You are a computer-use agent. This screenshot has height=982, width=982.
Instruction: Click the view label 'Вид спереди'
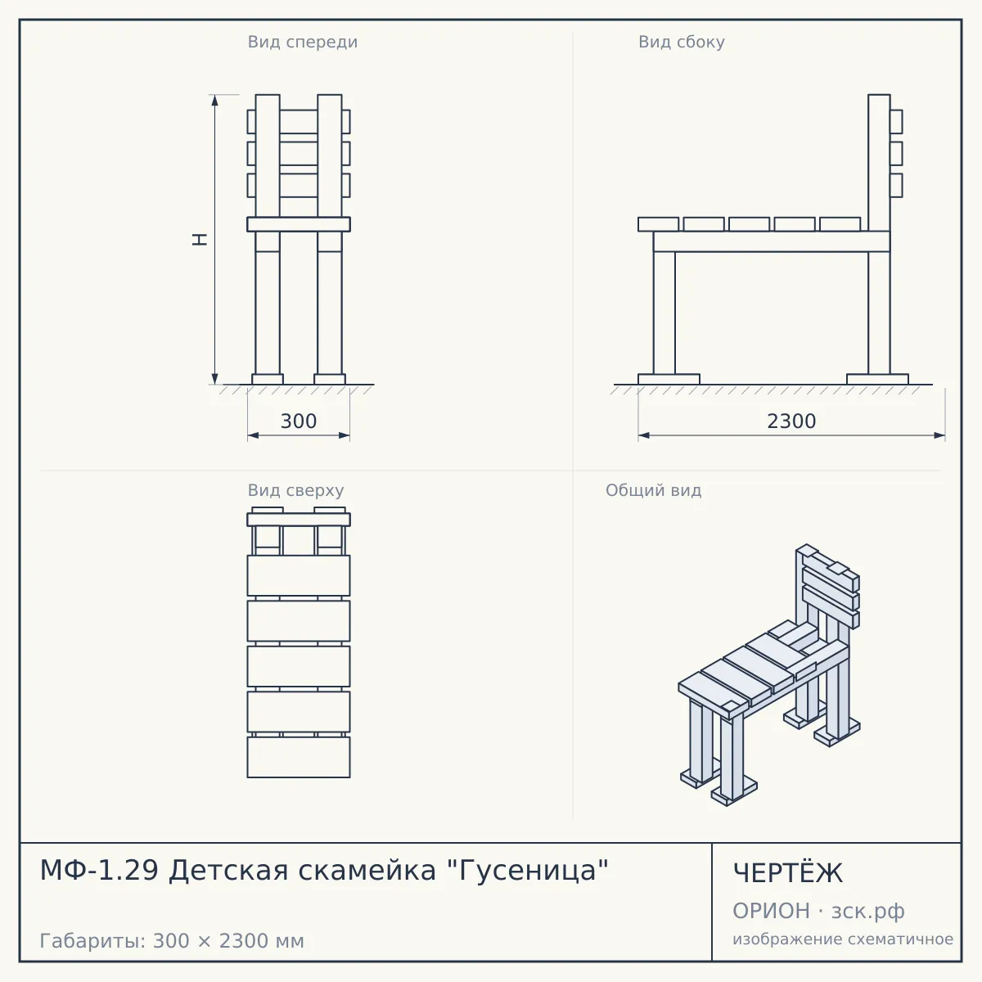[x=302, y=42]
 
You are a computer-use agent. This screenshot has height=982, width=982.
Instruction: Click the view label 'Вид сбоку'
[x=682, y=42]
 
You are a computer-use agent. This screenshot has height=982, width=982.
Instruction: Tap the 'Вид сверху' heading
[x=295, y=490]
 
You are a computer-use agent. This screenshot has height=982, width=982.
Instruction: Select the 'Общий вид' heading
[x=653, y=490]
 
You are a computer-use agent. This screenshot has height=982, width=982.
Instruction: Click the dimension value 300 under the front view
[x=299, y=421]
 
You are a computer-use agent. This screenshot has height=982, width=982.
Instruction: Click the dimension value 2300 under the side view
[x=791, y=421]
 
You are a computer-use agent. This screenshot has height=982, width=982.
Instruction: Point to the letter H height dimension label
[x=200, y=240]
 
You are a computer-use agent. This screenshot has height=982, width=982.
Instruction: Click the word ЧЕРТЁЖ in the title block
[x=788, y=873]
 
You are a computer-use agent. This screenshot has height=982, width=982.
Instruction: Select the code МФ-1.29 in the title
[x=99, y=871]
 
